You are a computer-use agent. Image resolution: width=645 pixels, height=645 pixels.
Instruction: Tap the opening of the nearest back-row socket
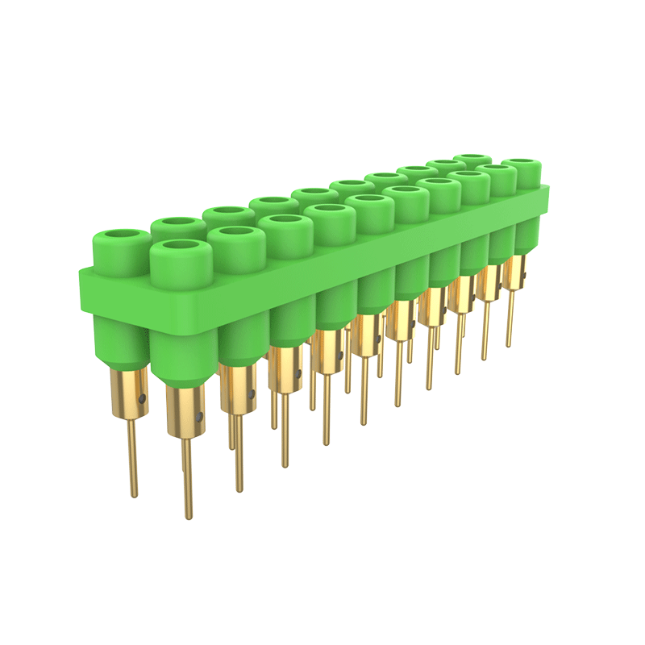pos(122,237)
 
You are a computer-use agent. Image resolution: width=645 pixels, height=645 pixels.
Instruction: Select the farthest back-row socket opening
pos(472,159)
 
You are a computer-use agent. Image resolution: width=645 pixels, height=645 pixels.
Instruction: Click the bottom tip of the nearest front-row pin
pos(189,515)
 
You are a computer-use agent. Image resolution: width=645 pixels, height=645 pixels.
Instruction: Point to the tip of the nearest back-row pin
pos(134,493)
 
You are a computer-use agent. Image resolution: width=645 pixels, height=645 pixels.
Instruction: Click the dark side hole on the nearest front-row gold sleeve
pos(199,418)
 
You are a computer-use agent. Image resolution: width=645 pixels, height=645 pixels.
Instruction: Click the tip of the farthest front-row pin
pos(509,344)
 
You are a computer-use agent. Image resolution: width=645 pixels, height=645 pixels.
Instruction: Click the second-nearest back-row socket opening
pos(177,222)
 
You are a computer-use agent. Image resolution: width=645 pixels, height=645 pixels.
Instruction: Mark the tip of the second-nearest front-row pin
pos(239,489)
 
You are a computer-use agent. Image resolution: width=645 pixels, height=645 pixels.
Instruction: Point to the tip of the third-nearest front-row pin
pos(285,464)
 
